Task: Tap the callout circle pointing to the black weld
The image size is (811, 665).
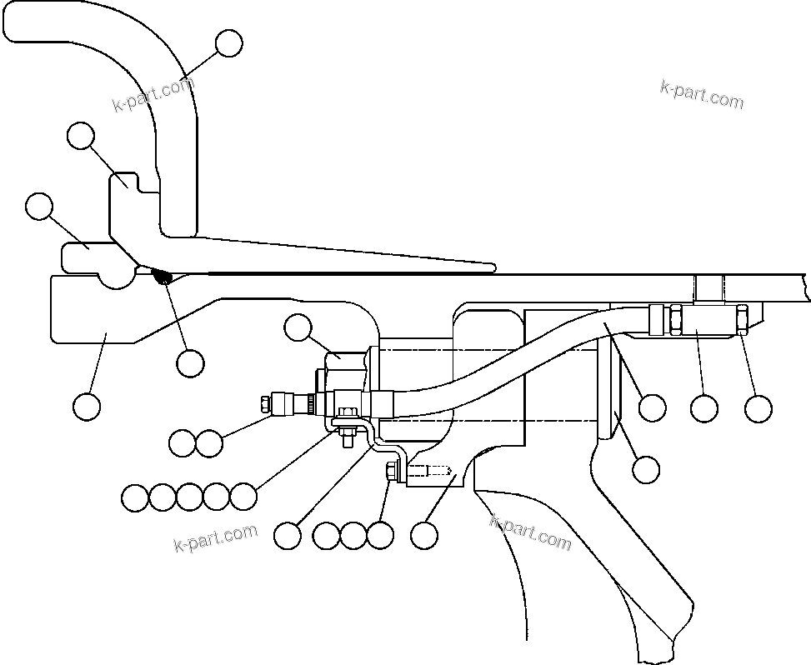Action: [x=190, y=362]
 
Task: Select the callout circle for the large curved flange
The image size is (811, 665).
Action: [x=228, y=43]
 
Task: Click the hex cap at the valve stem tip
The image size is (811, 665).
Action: [x=266, y=404]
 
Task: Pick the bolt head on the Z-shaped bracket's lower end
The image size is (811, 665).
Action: [x=390, y=472]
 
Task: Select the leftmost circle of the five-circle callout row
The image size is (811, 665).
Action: [x=134, y=497]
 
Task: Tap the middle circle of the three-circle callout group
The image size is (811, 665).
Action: [x=353, y=535]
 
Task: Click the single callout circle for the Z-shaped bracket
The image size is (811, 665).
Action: [x=288, y=535]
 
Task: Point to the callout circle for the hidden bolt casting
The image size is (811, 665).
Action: [x=425, y=535]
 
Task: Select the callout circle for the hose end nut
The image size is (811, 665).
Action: [x=758, y=407]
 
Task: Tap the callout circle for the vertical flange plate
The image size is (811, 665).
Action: [x=646, y=469]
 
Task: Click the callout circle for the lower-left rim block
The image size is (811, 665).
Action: [x=87, y=406]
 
